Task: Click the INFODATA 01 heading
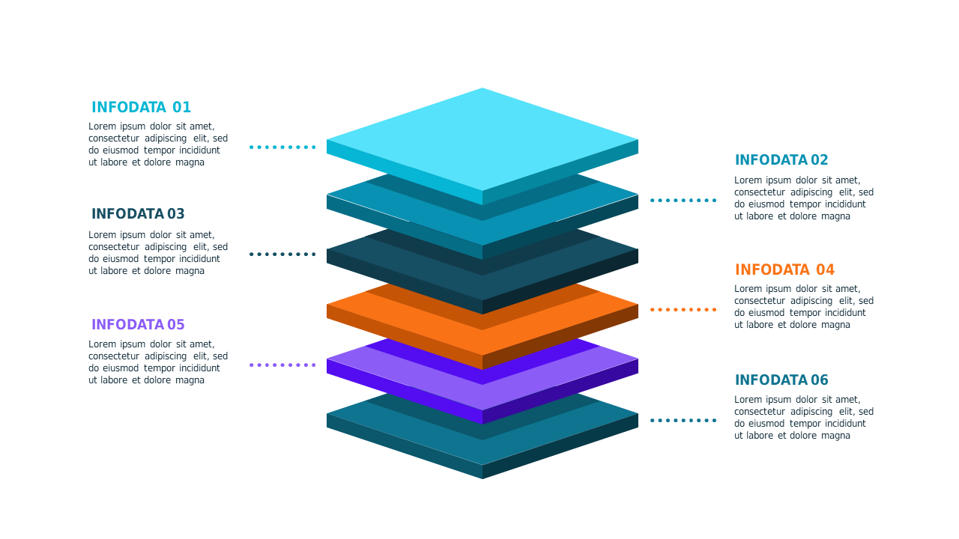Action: (x=142, y=107)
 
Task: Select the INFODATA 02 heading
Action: (x=781, y=160)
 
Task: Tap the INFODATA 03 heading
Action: (x=138, y=214)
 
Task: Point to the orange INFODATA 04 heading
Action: (x=784, y=269)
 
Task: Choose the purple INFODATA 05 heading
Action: (x=138, y=325)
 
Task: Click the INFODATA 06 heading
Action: (x=781, y=380)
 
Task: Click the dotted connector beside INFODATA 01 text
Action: (x=282, y=147)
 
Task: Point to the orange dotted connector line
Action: (x=683, y=310)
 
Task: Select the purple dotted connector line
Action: (x=282, y=365)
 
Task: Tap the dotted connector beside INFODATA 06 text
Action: (x=683, y=421)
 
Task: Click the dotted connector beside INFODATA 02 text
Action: (x=683, y=200)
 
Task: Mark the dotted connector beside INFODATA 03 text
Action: (x=282, y=254)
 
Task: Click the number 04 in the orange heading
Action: (x=825, y=269)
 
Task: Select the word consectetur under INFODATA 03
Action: (x=114, y=247)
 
